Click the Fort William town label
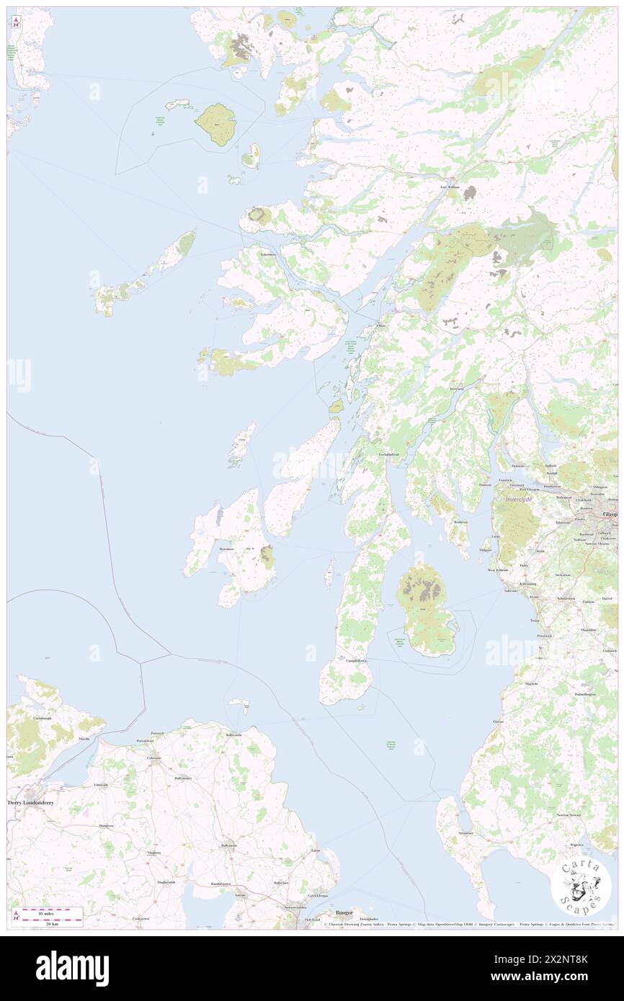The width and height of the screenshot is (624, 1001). (x=449, y=187)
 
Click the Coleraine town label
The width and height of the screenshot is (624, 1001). (x=153, y=758)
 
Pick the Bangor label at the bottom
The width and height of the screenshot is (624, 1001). (x=336, y=913)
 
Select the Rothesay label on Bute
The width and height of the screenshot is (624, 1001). (x=460, y=522)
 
